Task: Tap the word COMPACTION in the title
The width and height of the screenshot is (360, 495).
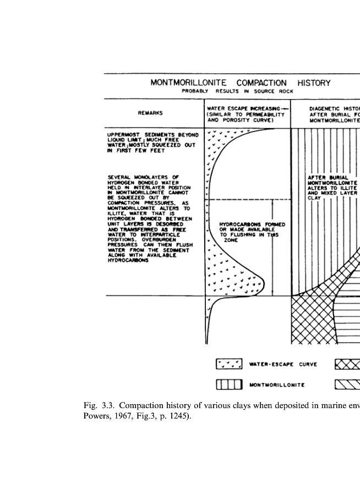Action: [261, 83]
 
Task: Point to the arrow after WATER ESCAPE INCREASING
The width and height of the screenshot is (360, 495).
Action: [284, 108]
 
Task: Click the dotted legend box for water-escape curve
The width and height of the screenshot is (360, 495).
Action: [229, 364]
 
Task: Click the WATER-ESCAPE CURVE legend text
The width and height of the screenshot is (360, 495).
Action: [283, 364]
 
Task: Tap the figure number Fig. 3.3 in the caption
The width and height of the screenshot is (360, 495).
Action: [99, 406]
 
